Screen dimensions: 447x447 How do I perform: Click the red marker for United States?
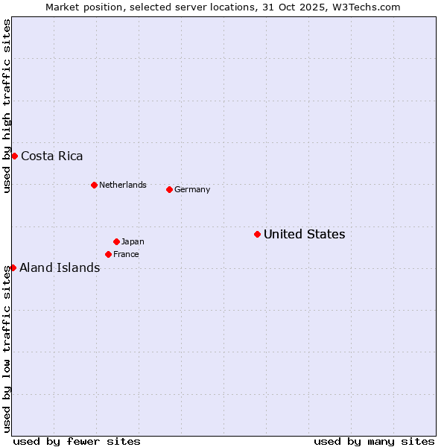257,234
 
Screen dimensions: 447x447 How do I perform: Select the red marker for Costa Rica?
14,156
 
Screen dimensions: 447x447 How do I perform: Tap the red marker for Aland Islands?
13,267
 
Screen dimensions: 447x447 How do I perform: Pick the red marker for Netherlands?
94,185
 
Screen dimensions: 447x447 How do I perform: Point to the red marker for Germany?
169,189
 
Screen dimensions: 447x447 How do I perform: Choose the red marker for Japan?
116,241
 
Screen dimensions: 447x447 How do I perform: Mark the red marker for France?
108,254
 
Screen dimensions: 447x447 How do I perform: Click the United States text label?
304,235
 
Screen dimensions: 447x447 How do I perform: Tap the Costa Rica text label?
52,156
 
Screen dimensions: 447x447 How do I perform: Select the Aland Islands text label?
60,268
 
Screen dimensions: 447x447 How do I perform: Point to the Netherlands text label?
123,185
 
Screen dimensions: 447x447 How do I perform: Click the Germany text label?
192,189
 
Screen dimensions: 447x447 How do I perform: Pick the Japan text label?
133,241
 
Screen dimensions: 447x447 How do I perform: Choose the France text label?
126,254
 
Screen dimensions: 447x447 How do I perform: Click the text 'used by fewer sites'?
77,441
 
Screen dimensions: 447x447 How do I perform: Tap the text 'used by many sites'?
374,441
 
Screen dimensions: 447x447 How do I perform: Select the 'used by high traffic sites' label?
7,107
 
